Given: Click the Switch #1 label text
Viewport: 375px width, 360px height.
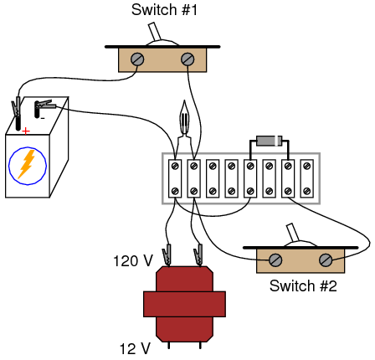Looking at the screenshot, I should [165, 11].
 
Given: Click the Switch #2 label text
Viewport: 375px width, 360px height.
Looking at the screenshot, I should [302, 286].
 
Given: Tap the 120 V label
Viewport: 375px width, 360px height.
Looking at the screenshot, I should [131, 261].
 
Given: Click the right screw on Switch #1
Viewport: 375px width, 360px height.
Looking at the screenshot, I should [187, 59].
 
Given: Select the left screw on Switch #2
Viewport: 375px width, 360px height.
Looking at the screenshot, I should [274, 260].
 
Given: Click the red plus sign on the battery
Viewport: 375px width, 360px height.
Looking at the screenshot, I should [26, 131].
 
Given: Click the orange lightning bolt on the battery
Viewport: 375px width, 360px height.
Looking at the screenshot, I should [26, 165].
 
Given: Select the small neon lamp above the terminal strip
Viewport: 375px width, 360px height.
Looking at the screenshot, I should [186, 117].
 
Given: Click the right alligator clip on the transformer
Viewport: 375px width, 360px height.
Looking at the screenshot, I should [199, 250].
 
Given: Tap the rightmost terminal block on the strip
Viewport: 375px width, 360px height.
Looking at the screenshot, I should [308, 178].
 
